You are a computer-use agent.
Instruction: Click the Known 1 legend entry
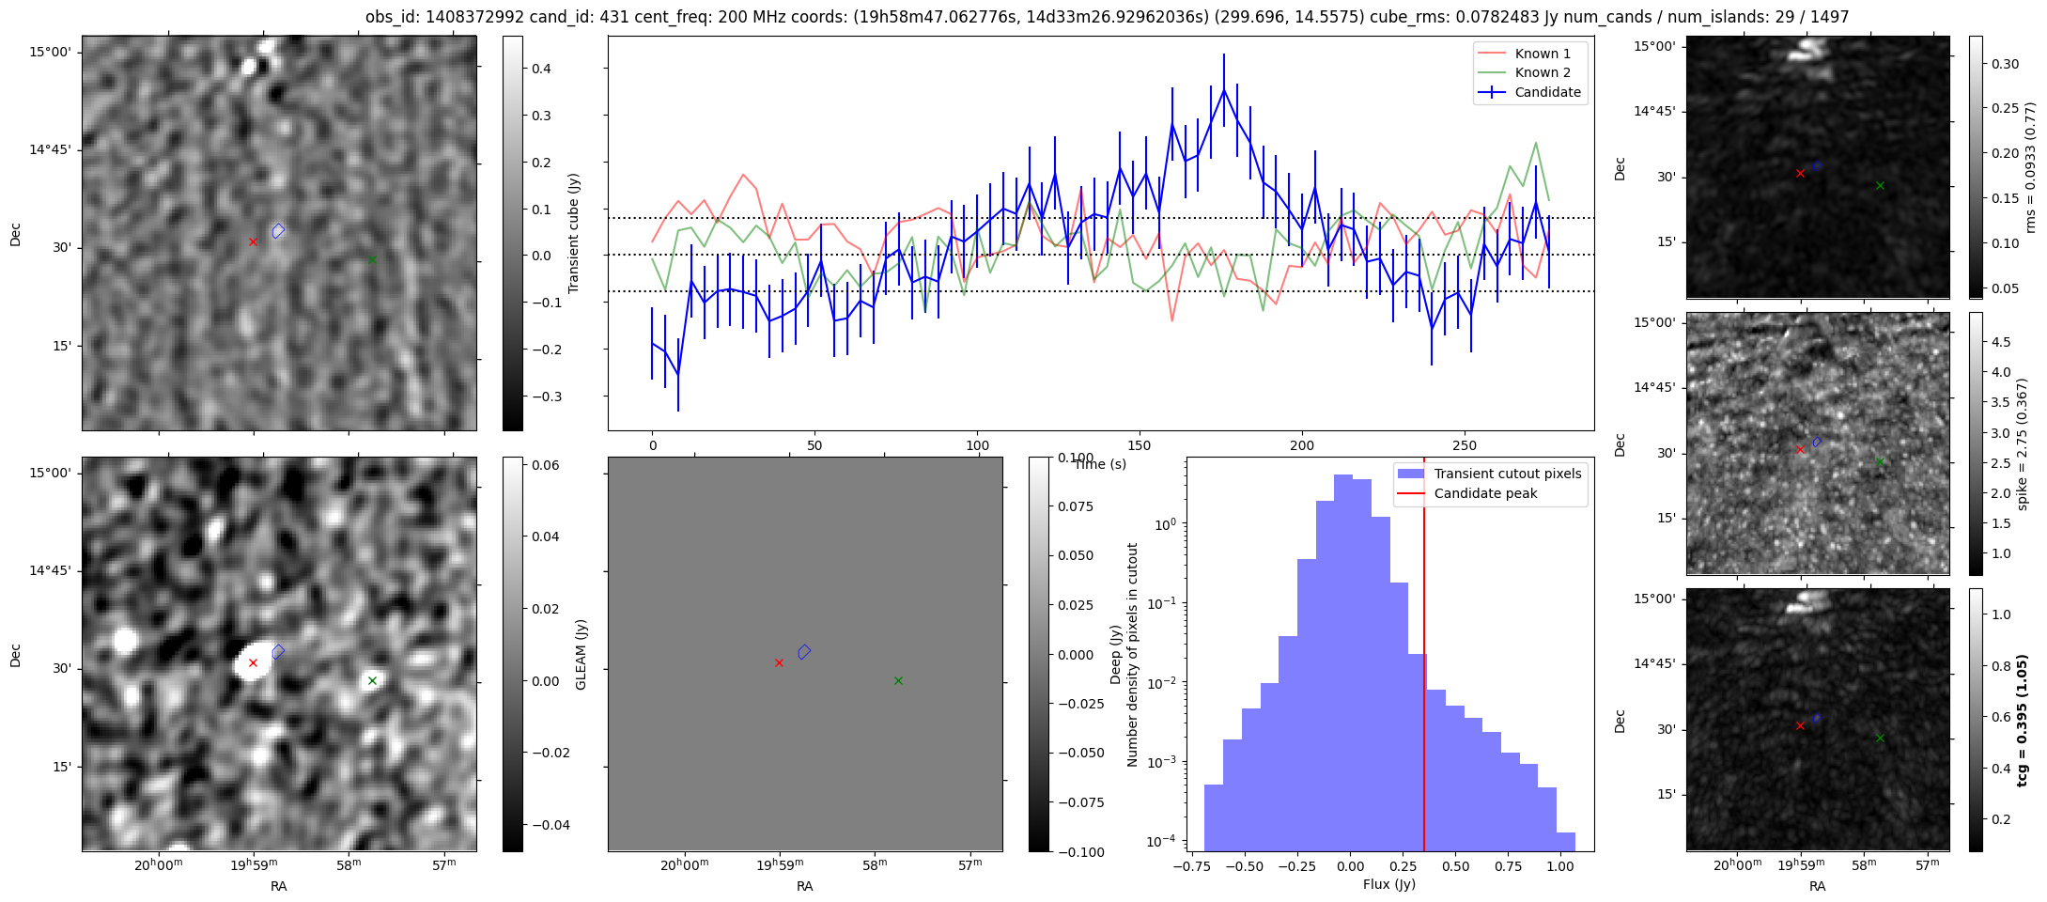click(1542, 54)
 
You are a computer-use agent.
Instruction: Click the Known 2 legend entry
click(1542, 72)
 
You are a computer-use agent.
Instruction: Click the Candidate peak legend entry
click(1485, 493)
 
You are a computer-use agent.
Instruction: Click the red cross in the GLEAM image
click(253, 662)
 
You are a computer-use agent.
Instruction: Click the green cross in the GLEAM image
click(372, 680)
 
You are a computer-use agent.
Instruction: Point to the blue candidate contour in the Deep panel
click(804, 651)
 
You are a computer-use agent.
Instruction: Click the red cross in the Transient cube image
click(253, 241)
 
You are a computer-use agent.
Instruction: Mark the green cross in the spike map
click(1880, 461)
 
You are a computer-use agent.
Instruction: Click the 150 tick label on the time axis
click(1140, 445)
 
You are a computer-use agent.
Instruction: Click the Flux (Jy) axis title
click(1388, 884)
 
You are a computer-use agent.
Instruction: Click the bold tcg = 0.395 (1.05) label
click(2023, 720)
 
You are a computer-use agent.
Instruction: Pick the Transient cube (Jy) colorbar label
click(573, 233)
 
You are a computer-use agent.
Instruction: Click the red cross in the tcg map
click(1800, 725)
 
